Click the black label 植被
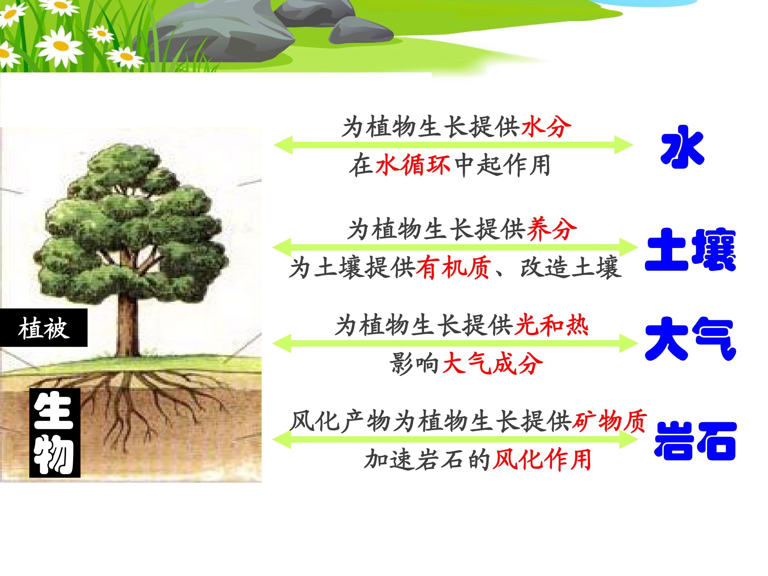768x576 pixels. (x=44, y=328)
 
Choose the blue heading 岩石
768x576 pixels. (x=695, y=441)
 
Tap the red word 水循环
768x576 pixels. (x=413, y=165)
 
